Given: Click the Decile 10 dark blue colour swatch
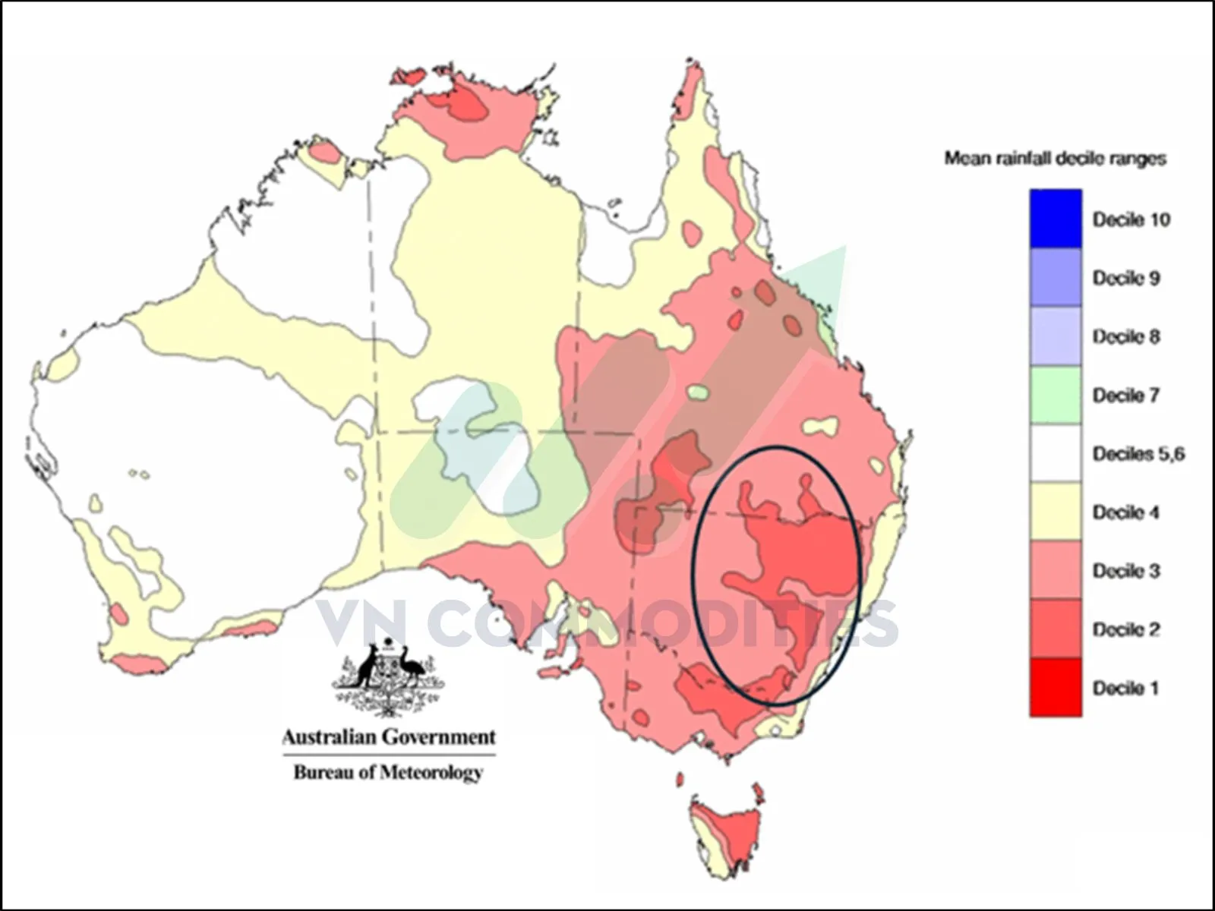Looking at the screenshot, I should (1056, 219).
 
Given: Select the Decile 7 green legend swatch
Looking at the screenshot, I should (1056, 395).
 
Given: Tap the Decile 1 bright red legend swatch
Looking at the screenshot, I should (1056, 688).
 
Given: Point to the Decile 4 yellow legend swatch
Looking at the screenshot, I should (1056, 512).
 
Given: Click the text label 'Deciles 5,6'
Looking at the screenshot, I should (1138, 454).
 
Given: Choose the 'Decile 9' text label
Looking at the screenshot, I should (1126, 278).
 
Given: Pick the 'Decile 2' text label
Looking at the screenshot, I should (1126, 629).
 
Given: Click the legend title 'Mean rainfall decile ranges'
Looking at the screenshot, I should (1055, 158).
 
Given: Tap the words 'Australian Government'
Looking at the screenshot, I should (389, 737).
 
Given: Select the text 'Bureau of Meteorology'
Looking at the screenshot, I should (389, 773).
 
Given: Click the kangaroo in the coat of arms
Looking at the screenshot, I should (370, 668).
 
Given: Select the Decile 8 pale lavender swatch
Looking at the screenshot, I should (1056, 336).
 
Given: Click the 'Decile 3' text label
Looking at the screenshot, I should (1126, 571).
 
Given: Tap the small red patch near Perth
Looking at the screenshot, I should (118, 612).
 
